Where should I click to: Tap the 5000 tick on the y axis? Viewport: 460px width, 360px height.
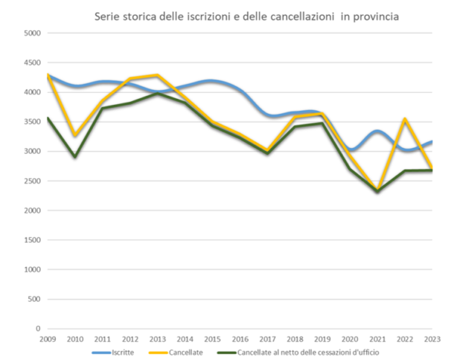31,33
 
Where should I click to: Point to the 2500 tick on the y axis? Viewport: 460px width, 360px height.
31,181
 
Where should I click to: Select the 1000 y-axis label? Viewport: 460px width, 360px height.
31,269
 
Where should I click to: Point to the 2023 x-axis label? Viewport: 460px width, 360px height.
432,338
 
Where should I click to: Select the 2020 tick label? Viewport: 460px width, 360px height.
349,338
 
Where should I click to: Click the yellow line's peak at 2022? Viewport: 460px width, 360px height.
404,119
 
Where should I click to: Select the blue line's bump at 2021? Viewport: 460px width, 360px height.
378,132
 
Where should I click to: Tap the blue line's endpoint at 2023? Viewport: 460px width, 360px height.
432,142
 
